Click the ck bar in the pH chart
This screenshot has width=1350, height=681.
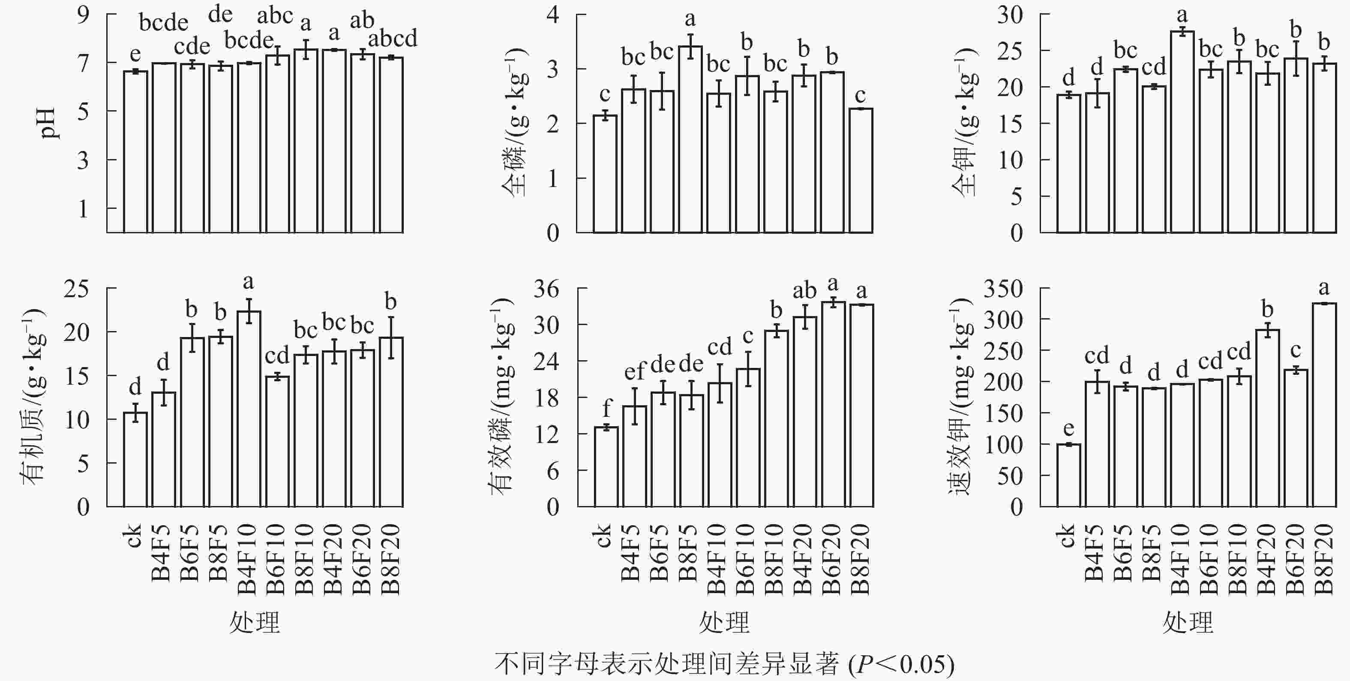pyautogui.click(x=135, y=152)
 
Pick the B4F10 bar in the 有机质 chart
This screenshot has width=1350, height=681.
pyautogui.click(x=249, y=409)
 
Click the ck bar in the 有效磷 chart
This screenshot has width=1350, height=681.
pyautogui.click(x=606, y=467)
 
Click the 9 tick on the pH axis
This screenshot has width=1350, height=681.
pyautogui.click(x=83, y=14)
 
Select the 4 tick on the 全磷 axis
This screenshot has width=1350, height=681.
pyautogui.click(x=552, y=14)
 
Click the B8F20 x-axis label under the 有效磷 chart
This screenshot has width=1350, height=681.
pyautogui.click(x=861, y=559)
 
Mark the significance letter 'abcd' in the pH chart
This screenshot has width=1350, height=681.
pyautogui.click(x=393, y=38)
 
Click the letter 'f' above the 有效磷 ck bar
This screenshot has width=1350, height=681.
pyautogui.click(x=607, y=407)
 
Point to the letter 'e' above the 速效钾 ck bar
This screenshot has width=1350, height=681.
pyautogui.click(x=1068, y=429)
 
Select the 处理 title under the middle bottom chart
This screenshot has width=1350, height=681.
pyautogui.click(x=724, y=623)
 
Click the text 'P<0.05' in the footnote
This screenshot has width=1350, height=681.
pyautogui.click(x=900, y=664)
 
